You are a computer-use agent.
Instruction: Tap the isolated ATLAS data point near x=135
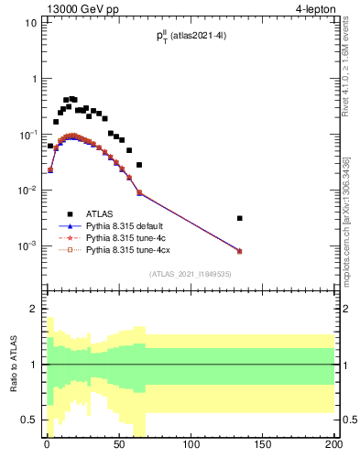click(x=239, y=218)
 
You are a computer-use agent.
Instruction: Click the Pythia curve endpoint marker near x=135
click(x=239, y=251)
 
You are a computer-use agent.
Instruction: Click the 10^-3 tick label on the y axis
click(x=27, y=246)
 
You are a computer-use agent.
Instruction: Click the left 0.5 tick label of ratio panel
click(x=28, y=420)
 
